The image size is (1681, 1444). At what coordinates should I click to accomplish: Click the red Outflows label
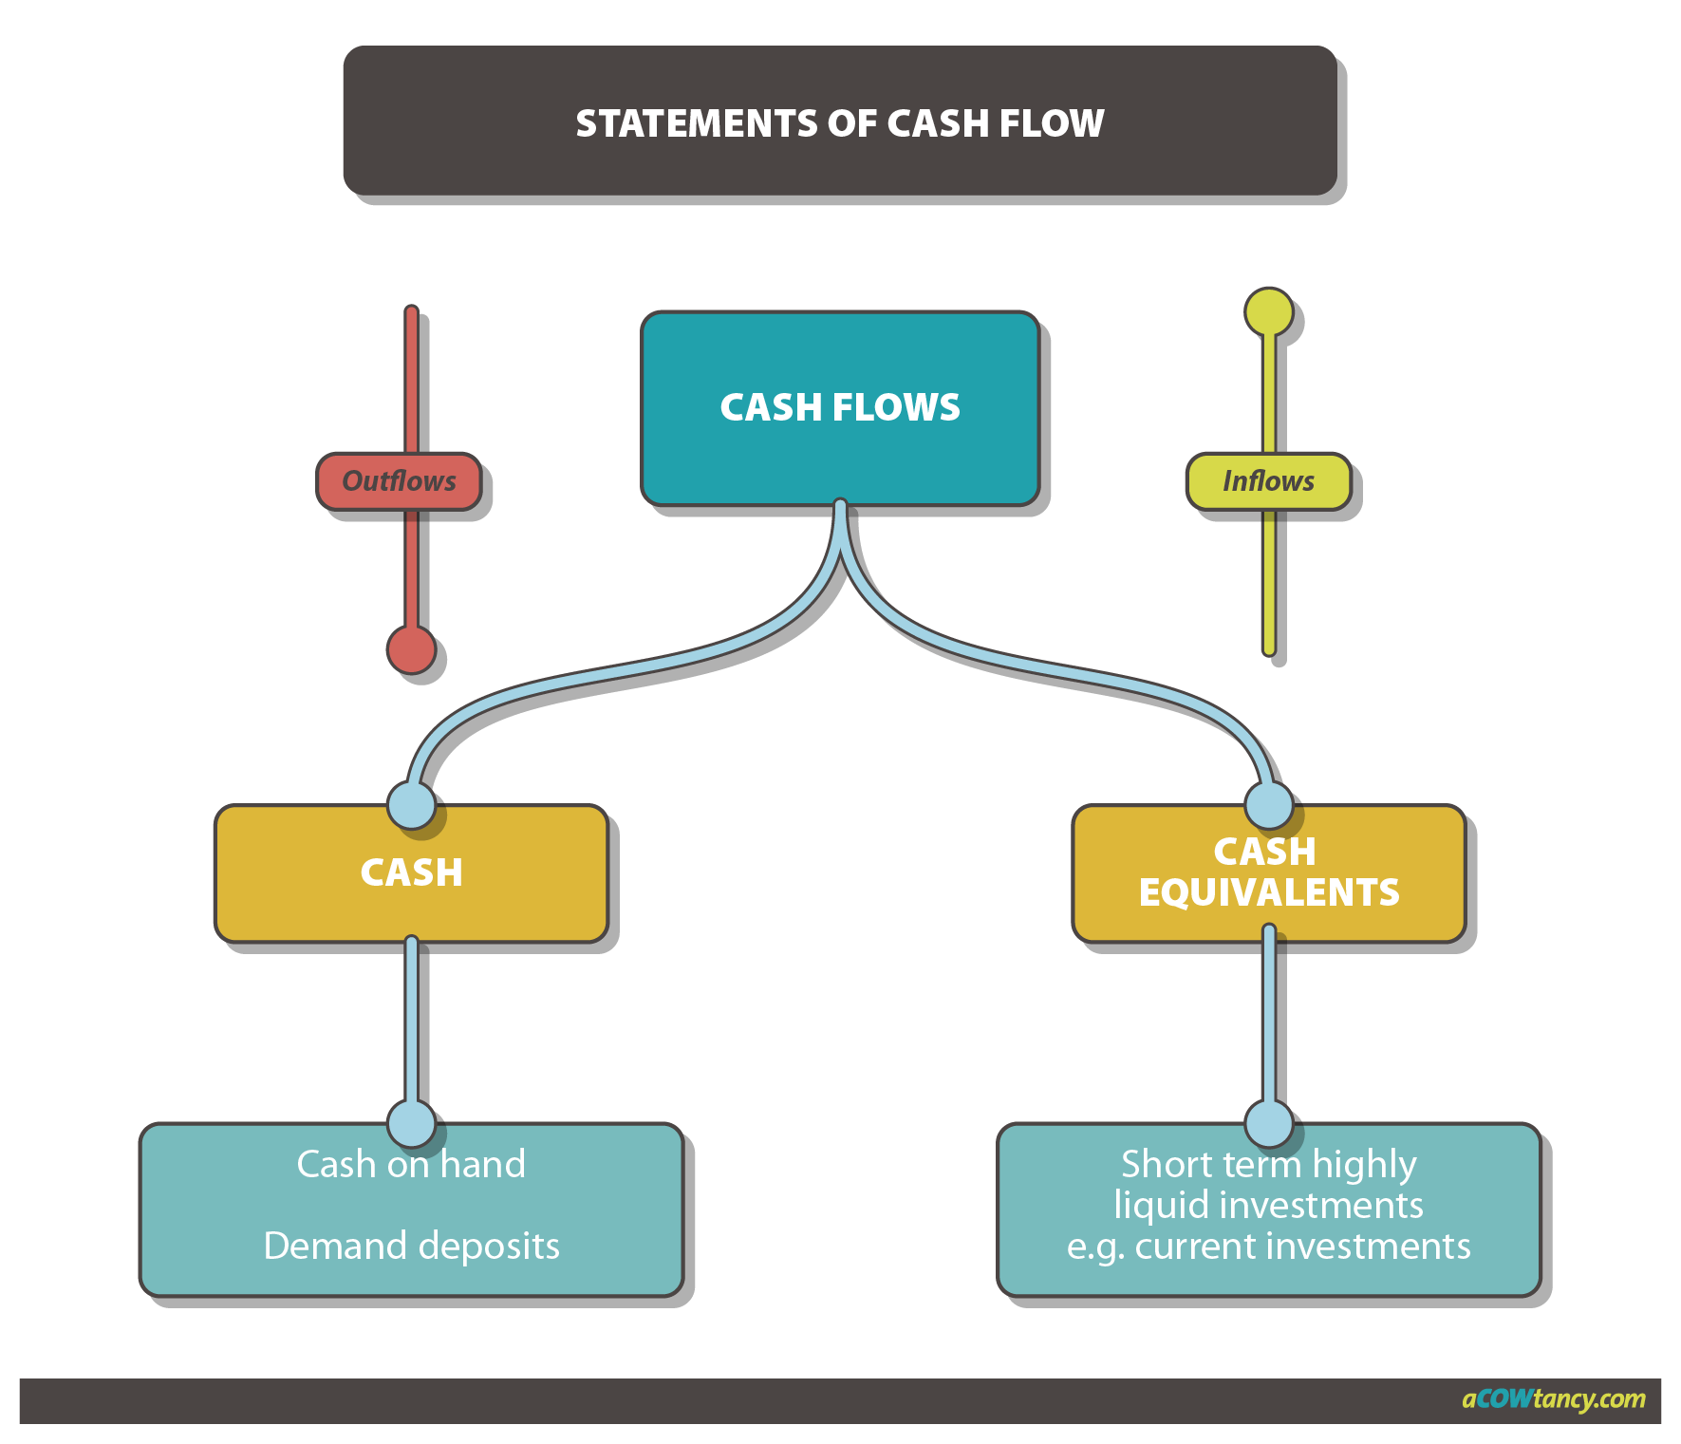[399, 481]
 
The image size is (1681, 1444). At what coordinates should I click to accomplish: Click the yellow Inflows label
[1268, 481]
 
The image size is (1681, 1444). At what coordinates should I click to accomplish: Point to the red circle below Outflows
[411, 649]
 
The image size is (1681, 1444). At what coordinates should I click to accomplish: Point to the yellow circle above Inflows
[1268, 311]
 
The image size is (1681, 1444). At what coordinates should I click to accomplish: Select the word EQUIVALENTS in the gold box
[1268, 892]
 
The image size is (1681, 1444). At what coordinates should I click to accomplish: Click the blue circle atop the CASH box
[411, 805]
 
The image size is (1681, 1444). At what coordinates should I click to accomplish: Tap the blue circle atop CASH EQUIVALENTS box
[1268, 805]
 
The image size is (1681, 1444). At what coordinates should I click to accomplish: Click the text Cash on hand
[411, 1164]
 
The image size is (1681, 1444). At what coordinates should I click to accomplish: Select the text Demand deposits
[411, 1246]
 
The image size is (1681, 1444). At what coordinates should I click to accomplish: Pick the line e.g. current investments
[1268, 1246]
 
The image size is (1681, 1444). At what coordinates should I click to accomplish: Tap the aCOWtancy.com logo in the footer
[1553, 1398]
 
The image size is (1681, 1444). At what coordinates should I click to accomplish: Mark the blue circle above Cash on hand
[411, 1124]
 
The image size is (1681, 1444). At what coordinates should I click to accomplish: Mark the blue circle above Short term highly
[1268, 1124]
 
